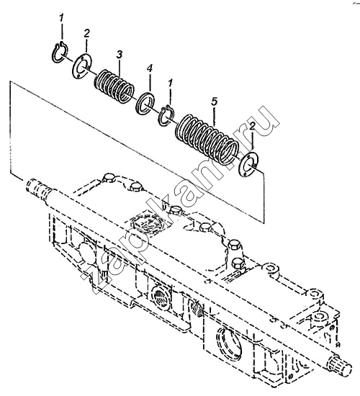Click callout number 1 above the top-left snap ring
tap(62, 18)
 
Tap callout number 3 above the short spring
tap(120, 55)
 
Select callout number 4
tap(150, 68)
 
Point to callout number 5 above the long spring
tap(214, 102)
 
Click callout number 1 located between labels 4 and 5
tap(171, 83)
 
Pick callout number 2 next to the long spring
tap(252, 127)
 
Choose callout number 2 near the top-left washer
tap(86, 33)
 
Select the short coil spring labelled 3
tap(114, 86)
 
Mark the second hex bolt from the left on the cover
tap(135, 186)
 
